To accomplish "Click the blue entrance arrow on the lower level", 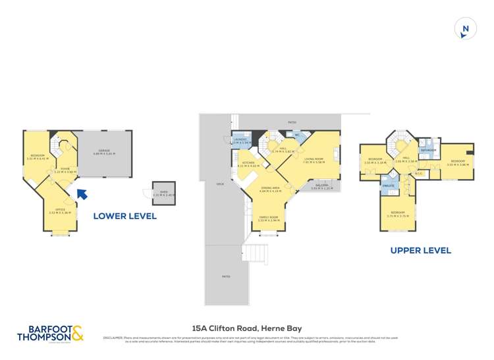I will tap(81, 193).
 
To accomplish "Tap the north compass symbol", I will tap(466, 29).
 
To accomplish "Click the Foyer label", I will tap(65, 170).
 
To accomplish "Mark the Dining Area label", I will tap(270, 190).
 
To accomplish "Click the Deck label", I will tap(220, 184).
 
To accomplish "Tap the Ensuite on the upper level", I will tap(388, 187).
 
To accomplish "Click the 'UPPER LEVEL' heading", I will tap(420, 250).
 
